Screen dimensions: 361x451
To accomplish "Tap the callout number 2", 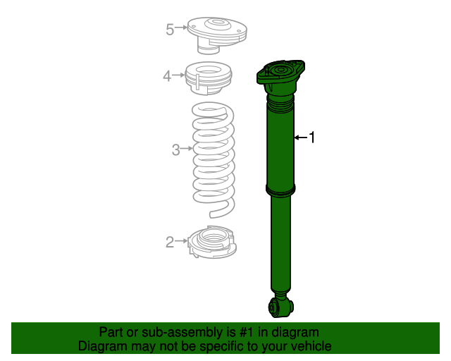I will pos(169,243).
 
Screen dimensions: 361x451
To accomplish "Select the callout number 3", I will pos(176,149).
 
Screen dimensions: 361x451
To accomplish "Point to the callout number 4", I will pos(167,75).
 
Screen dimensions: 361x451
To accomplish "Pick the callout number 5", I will pos(170,29).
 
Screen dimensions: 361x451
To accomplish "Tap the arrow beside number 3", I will pos(187,149).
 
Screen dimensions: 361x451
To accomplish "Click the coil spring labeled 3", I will pos(214,159).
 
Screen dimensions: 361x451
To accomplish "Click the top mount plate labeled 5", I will pos(217,34).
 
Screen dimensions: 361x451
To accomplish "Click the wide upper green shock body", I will pos(280,148).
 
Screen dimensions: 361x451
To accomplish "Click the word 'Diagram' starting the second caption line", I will pos(101,346).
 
